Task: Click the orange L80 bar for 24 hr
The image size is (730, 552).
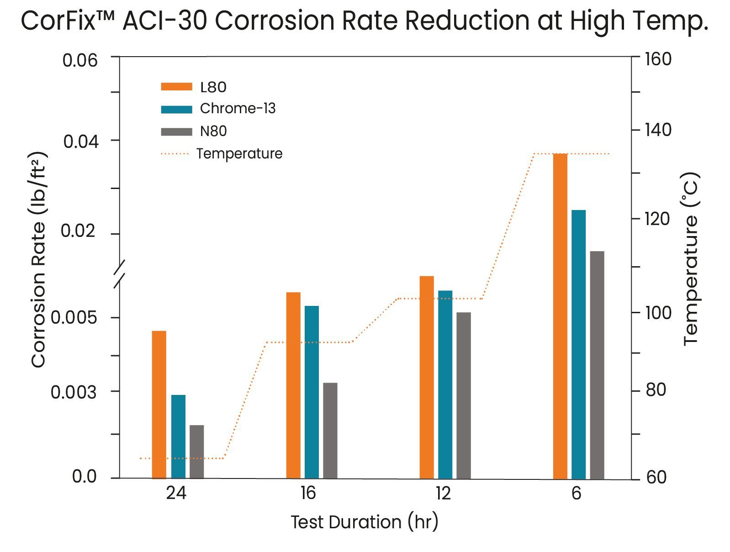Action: click(x=159, y=404)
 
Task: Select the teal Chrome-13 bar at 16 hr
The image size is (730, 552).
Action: click(x=312, y=392)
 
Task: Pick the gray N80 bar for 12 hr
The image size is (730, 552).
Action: click(x=463, y=395)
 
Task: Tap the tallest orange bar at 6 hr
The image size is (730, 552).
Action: click(x=560, y=316)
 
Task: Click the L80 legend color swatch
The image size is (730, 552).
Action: click(x=176, y=87)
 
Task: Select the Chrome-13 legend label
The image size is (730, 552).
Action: click(x=238, y=109)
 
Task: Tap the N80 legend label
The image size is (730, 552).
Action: click(x=213, y=131)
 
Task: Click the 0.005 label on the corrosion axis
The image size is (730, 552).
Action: click(x=74, y=317)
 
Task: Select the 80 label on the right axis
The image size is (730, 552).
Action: click(x=656, y=390)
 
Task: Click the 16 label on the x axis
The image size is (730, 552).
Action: click(x=308, y=493)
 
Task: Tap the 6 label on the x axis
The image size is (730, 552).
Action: click(x=576, y=493)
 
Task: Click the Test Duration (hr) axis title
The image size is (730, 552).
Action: click(x=364, y=522)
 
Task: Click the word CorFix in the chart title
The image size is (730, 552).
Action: click(x=63, y=21)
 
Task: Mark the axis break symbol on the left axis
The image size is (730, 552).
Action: click(x=119, y=274)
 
